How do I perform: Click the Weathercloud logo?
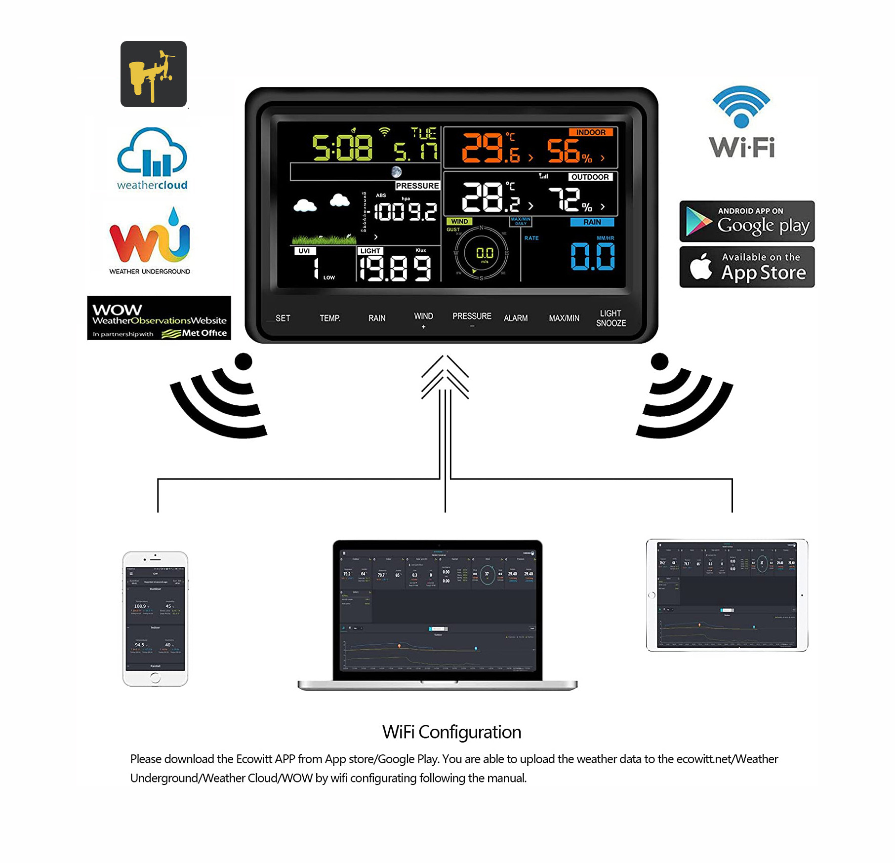pos(152,159)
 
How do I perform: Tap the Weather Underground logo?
pos(150,241)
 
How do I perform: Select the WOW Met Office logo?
pos(159,318)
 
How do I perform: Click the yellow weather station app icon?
pos(153,74)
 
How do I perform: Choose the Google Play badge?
pos(746,221)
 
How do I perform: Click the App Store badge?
pos(746,267)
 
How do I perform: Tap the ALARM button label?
pos(515,318)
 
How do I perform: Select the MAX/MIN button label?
pos(564,318)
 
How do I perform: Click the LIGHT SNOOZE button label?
pos(610,318)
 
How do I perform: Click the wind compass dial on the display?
pos(481,254)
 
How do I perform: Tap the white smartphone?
pos(155,619)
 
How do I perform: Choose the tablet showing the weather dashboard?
pos(727,595)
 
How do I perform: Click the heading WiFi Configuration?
pos(451,732)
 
